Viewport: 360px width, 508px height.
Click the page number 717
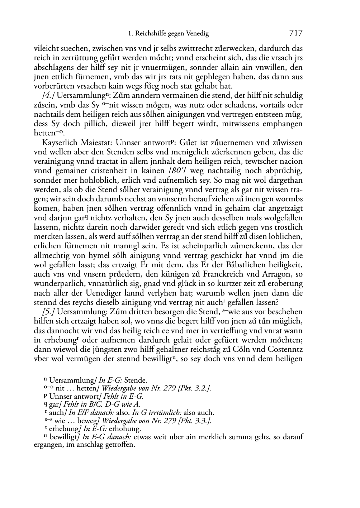295,34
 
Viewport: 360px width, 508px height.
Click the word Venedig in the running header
198,34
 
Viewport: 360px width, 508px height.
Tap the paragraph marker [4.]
49,96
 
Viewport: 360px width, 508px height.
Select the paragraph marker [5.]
49,312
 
